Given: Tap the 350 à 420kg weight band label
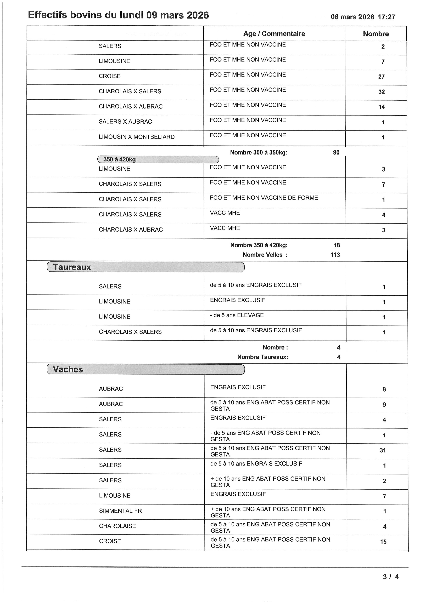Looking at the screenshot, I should pyautogui.click(x=120, y=159).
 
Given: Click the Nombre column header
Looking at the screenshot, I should pyautogui.click(x=376, y=34).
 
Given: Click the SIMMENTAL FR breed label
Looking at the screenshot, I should pyautogui.click(x=120, y=511).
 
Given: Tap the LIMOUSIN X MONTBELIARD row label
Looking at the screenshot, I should pyautogui.click(x=137, y=137).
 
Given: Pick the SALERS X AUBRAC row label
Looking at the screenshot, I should pyautogui.click(x=125, y=122).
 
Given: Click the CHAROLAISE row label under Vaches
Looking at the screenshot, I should pyautogui.click(x=117, y=526).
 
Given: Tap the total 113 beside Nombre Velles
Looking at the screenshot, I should pyautogui.click(x=335, y=255).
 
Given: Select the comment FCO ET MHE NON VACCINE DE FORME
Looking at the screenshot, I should pyautogui.click(x=264, y=198).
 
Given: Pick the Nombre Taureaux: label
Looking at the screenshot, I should pyautogui.click(x=263, y=357).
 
